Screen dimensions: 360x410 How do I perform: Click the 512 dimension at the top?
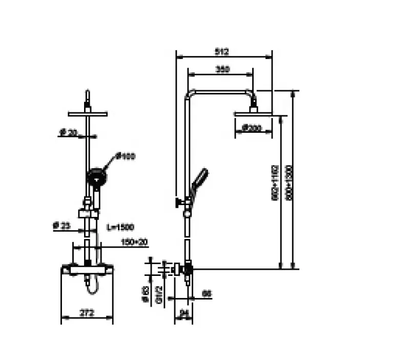[x=222, y=51]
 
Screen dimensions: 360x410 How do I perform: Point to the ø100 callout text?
[x=125, y=156]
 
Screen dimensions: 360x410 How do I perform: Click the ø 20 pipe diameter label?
[x=68, y=132]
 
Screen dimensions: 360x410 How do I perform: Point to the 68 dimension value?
[x=207, y=293]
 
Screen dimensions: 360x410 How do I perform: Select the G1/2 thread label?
[x=159, y=295]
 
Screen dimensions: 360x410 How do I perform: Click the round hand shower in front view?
[x=96, y=178]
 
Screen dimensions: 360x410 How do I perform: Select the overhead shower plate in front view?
[x=88, y=114]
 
